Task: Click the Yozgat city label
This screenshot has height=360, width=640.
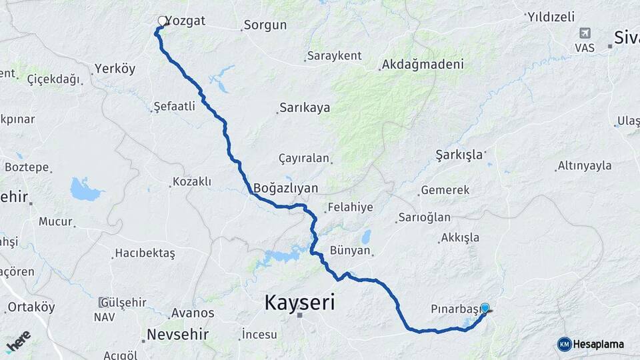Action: pos(185,21)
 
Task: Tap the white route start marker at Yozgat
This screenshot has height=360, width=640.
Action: pos(162,21)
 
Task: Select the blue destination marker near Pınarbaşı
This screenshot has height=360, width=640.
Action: pos(485,308)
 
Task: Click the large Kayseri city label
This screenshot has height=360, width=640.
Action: pos(299,303)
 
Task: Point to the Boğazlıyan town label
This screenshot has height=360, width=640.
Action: pos(285,188)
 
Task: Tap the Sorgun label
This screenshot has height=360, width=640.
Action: pos(265,25)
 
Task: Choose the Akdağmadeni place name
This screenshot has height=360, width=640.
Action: pos(422,65)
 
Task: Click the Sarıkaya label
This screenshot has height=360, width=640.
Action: pos(305,107)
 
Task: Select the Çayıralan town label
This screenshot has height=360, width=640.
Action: pos(304,159)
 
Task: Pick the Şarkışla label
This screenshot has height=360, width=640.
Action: pos(459,155)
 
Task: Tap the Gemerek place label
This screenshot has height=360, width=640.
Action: pos(445,190)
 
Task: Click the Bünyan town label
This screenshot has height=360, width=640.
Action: pos(349,251)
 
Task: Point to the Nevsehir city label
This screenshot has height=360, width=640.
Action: pos(177,334)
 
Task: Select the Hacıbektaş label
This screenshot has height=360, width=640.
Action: pos(145,253)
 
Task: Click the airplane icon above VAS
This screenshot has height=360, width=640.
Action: pos(585,33)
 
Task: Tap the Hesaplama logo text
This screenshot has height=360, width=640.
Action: pos(598,344)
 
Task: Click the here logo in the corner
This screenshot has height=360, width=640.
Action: pos(18,342)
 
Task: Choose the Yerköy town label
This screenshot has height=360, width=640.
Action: pos(115,69)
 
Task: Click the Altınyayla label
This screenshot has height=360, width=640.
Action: pos(585,165)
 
